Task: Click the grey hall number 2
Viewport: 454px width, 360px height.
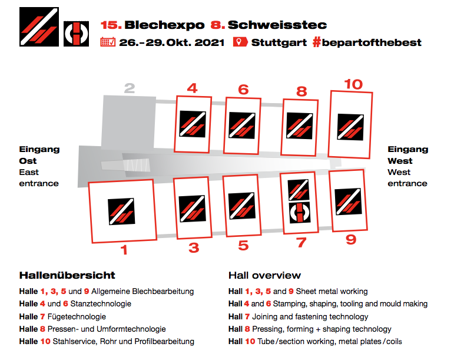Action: (x=130, y=88)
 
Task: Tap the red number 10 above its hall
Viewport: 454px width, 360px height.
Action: (x=353, y=84)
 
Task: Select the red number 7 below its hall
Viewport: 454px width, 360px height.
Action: (x=301, y=243)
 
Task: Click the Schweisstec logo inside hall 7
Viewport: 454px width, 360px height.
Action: (x=300, y=213)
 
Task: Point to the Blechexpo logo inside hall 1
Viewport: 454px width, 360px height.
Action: (x=121, y=212)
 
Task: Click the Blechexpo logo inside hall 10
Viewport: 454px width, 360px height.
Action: (x=350, y=127)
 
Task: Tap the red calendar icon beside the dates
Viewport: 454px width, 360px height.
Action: (x=108, y=42)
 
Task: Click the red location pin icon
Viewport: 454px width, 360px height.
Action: (x=240, y=42)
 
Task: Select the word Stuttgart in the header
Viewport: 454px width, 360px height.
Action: (x=279, y=42)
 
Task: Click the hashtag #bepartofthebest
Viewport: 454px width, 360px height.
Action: (x=367, y=42)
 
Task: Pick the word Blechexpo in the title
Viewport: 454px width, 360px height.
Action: (x=164, y=25)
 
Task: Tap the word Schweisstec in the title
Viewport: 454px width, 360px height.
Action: (x=277, y=25)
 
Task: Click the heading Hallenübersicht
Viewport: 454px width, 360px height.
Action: (x=67, y=275)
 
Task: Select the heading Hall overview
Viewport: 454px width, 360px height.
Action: (x=264, y=275)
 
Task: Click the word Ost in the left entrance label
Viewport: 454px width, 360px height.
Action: (x=28, y=161)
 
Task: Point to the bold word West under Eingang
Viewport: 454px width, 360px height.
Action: (x=400, y=161)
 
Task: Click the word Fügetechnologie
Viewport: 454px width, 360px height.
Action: (x=77, y=316)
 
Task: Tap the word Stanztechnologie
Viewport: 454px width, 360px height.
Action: (x=101, y=303)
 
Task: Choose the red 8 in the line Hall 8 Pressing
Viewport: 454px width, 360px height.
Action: (x=247, y=329)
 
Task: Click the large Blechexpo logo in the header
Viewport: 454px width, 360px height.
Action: (x=39, y=27)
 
